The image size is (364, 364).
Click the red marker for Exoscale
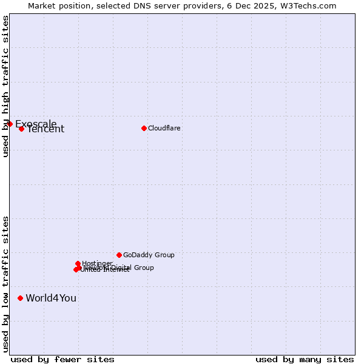(x=10, y=124)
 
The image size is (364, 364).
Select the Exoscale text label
(x=36, y=124)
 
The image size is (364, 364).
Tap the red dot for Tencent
(x=21, y=129)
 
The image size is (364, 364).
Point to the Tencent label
(x=45, y=129)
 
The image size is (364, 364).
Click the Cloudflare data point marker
(x=144, y=128)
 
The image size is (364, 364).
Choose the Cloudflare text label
(x=164, y=129)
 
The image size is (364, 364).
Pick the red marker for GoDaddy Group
(x=119, y=255)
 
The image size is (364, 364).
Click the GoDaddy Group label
(x=149, y=255)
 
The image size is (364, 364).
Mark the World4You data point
(x=20, y=298)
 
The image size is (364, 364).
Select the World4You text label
(x=51, y=298)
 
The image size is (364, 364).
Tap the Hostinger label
(x=97, y=263)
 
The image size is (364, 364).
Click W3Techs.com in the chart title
(x=311, y=5)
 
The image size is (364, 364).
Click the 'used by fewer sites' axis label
(x=62, y=360)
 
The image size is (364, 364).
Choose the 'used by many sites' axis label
(x=305, y=360)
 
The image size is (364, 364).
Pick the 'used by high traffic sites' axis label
(x=5, y=86)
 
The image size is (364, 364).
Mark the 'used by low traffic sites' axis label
(x=5, y=283)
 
